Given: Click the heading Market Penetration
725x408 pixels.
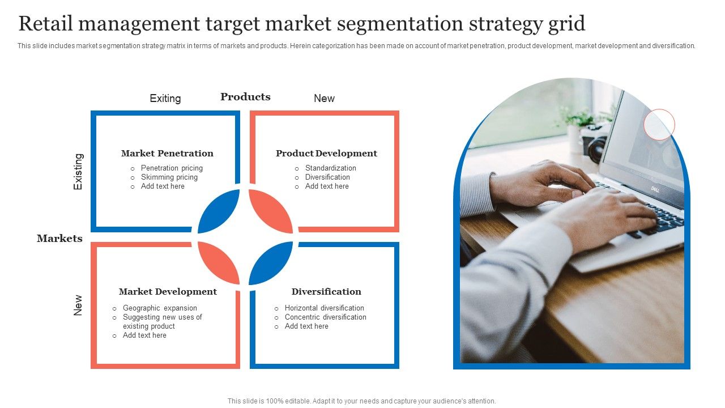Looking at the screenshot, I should tap(167, 154).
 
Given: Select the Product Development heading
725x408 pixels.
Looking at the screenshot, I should tap(326, 154).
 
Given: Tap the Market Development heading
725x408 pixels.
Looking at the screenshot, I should tap(168, 292).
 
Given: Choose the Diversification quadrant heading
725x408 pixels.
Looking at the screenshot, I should tap(326, 292).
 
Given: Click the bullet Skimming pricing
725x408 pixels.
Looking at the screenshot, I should tap(169, 177).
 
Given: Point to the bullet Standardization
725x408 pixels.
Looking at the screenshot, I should tap(330, 168).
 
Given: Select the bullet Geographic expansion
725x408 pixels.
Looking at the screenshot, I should tap(160, 308).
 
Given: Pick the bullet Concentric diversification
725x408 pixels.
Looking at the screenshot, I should tap(325, 317).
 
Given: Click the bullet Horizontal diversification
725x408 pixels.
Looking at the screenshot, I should tap(324, 308).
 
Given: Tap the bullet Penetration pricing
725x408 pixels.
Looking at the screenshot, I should tap(172, 168).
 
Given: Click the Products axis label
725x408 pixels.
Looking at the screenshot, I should tap(245, 97).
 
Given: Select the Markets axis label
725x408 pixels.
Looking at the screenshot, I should tap(59, 239).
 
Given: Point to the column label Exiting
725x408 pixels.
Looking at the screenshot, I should tap(165, 99).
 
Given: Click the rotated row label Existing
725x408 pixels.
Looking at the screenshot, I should tap(78, 172).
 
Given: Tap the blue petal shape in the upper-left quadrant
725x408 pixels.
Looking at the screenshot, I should tap(219, 211).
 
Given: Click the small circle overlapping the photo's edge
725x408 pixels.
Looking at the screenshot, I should tap(659, 125).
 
